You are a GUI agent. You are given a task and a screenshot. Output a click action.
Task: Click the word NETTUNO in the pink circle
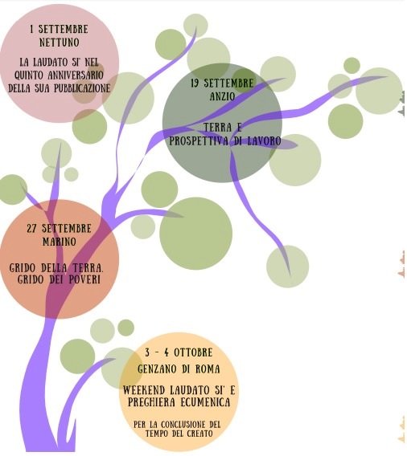coord(60,43)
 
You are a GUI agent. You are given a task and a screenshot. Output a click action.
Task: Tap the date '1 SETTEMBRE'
coord(59,29)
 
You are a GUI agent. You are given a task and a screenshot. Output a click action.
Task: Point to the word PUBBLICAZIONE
coord(82,88)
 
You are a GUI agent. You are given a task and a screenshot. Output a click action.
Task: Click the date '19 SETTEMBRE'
coord(222,83)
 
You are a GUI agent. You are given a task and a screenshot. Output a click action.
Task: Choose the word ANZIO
coord(222,96)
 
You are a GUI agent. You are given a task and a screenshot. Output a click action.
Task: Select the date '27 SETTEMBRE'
coord(60,228)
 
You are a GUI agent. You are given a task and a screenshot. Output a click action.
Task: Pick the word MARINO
coord(60,242)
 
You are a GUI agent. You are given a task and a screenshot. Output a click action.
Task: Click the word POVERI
coord(84,279)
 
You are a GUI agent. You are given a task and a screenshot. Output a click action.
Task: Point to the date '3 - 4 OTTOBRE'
coord(179,352)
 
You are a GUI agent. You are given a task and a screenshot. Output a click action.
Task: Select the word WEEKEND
coord(144,389)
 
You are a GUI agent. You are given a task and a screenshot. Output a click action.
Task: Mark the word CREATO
coord(199,434)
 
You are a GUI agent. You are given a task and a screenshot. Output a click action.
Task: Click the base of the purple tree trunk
coord(49,448)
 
